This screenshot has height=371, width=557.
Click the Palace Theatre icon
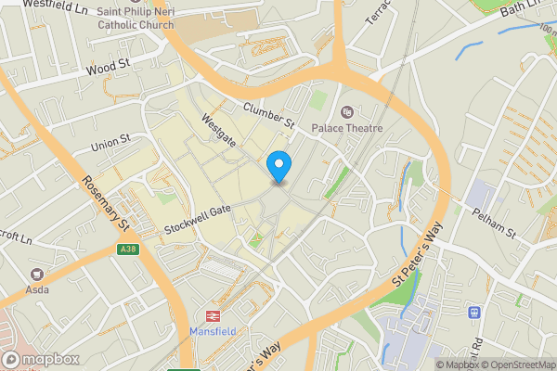348,112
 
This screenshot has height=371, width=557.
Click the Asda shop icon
37,275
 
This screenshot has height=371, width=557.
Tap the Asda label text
37,290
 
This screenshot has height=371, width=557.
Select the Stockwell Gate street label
197,219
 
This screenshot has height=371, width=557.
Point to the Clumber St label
268,116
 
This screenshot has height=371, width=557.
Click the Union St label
111,145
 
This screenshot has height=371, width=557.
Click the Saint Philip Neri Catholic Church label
135,16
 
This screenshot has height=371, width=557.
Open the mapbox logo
38,359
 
